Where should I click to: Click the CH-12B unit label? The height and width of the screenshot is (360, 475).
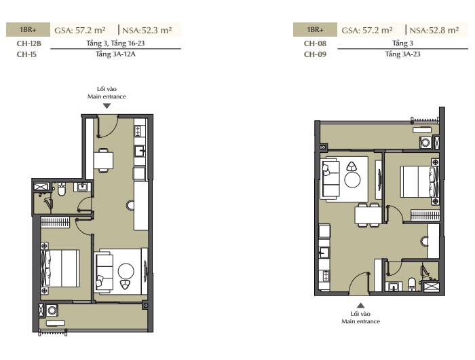click(x=28, y=43)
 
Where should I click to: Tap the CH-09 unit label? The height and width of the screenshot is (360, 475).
click(x=315, y=54)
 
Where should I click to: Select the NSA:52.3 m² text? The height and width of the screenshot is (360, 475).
click(x=147, y=30)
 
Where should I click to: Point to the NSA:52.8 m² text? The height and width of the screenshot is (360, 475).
click(x=434, y=30)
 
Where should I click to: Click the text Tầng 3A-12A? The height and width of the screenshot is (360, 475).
click(x=115, y=54)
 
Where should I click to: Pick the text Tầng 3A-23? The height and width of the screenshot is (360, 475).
click(x=402, y=54)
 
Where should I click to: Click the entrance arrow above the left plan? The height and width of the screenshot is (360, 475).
click(x=107, y=106)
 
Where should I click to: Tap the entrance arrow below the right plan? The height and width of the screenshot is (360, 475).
click(x=360, y=306)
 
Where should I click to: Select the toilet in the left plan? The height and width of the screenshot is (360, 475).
click(x=62, y=190)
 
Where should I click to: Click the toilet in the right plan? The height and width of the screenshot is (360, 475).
click(x=412, y=284)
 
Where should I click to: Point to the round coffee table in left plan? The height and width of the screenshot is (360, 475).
click(x=126, y=271)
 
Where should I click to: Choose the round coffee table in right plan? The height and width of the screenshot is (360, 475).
click(x=352, y=180)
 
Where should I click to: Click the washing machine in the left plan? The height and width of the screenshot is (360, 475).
click(x=52, y=310)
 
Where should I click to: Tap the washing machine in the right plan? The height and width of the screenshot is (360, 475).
click(x=425, y=143)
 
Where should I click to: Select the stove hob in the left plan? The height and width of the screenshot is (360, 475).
click(x=138, y=131)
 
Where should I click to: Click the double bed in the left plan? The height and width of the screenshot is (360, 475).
click(x=60, y=268)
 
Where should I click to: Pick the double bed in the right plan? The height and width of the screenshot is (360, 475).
click(x=419, y=181)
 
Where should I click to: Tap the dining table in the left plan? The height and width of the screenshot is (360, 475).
click(x=103, y=160)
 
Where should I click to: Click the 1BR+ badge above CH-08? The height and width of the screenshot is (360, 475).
click(x=315, y=30)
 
